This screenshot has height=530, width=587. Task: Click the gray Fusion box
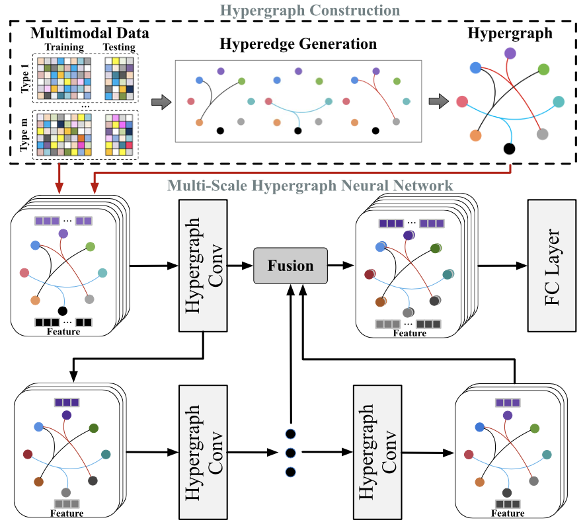point(290,266)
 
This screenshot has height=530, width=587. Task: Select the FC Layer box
point(551,265)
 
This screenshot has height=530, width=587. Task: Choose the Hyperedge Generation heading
point(299,45)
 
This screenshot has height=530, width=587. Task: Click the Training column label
point(63,48)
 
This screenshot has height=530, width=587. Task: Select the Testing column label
point(119,48)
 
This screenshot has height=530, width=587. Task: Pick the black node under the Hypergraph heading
point(509,148)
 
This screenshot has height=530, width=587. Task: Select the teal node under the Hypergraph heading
point(559,102)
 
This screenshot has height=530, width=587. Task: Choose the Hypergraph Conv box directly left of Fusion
point(203,265)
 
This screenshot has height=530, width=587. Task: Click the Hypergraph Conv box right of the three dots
point(377,452)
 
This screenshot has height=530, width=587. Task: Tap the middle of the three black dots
point(290,453)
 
